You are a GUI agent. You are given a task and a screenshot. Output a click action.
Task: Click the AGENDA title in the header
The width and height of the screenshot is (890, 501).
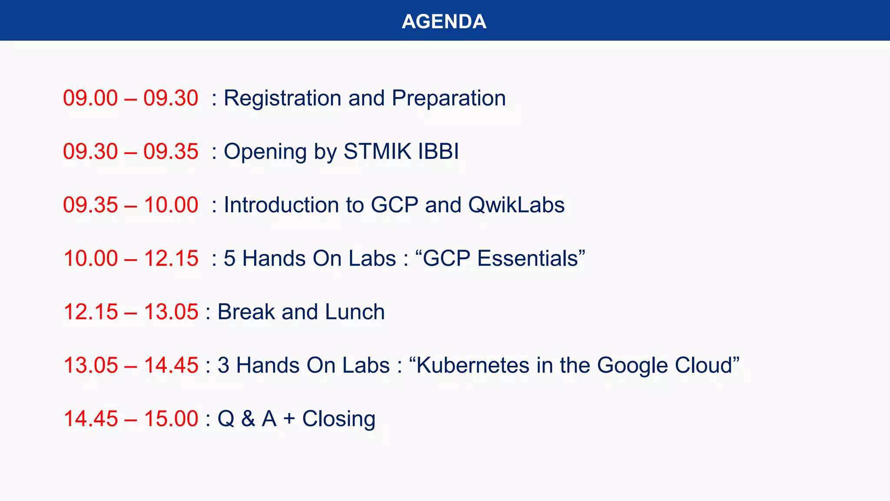pos(444,21)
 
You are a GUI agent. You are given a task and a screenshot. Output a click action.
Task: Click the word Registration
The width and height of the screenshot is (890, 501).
pos(282,98)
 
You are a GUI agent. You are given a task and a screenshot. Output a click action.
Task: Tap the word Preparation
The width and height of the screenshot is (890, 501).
pos(448,98)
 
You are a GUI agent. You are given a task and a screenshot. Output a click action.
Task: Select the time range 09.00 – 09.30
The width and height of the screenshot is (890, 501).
pos(130,98)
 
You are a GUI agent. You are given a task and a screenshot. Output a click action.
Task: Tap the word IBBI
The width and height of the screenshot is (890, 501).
pos(438,152)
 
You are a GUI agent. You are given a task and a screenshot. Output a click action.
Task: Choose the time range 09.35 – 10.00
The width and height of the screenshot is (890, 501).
pos(130,205)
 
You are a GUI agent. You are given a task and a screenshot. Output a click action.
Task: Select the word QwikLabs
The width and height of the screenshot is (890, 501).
pos(516,205)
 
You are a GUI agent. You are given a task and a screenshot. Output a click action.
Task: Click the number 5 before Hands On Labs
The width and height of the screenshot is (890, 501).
pos(229,259)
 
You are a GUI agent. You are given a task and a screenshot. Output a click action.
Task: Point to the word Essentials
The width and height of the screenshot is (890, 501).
pos(528,259)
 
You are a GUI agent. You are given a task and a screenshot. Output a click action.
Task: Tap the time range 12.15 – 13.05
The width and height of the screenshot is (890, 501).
pos(130,312)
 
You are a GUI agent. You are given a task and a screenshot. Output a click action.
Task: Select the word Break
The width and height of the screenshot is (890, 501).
pos(246,312)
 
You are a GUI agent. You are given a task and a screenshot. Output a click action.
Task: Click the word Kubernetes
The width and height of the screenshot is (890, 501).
pos(473,366)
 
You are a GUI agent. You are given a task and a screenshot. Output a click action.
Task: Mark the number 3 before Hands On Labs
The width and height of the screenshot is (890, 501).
pos(223,366)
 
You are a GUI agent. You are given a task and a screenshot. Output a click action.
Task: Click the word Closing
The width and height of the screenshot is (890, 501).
pos(339,419)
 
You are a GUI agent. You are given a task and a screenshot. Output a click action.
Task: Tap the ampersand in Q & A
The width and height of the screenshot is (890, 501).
pos(248,419)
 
